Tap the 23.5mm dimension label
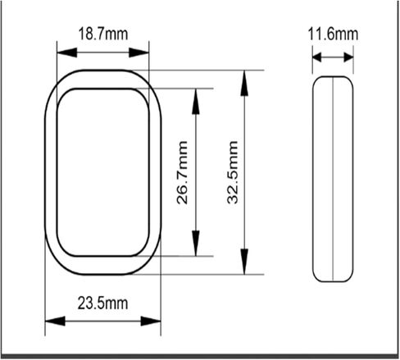tap(102, 303)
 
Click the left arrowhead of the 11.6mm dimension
tap(319, 57)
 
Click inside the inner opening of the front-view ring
tap(102, 172)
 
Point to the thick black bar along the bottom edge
tap(200, 356)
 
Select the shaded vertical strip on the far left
tap(2, 176)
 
